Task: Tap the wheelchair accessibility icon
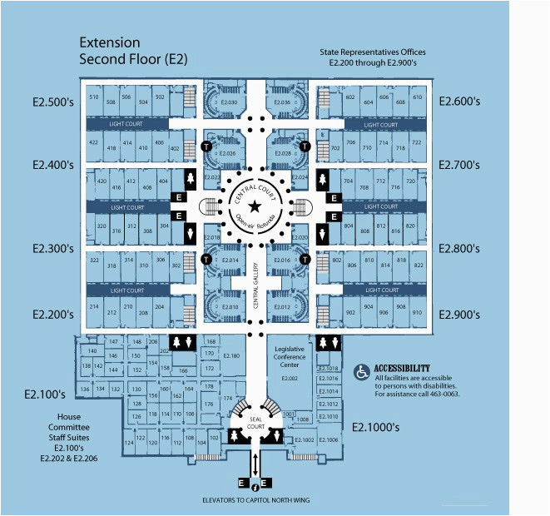tap(363, 373)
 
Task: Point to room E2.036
tap(280, 103)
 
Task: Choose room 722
tap(417, 143)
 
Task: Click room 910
tap(417, 313)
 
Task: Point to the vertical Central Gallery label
tap(256, 286)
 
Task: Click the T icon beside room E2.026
tap(206, 146)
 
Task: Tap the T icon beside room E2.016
tap(305, 260)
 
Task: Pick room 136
tap(85, 389)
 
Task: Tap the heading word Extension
tap(109, 42)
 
